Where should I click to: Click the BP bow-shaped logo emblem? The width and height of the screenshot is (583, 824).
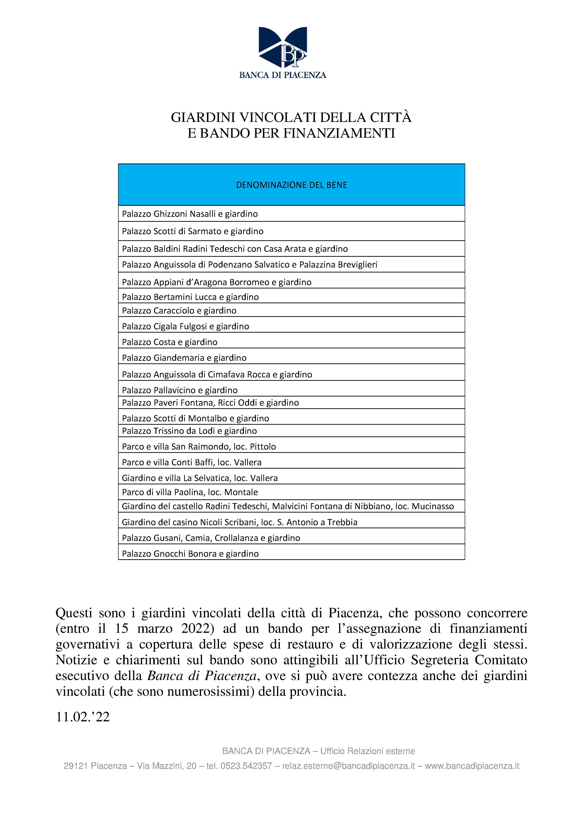coord(283,47)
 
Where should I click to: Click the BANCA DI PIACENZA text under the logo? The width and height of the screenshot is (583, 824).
coord(283,75)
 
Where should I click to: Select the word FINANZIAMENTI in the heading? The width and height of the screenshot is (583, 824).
coord(339,133)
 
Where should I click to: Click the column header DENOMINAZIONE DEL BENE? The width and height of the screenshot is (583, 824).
coord(291,185)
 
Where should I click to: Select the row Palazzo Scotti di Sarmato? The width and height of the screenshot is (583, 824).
coord(193,231)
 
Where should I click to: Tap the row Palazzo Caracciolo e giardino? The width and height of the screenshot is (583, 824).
coord(179,311)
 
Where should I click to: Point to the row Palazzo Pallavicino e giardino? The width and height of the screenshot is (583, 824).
coord(180,390)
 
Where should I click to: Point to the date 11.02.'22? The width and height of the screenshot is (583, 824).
coord(82,717)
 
